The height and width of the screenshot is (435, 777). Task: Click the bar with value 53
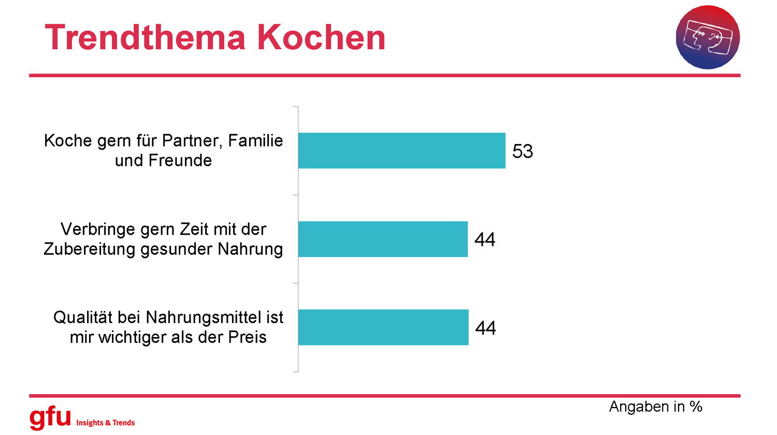point(401,151)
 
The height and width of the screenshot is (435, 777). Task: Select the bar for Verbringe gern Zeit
point(383,239)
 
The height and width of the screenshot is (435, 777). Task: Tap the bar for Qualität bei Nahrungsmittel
point(383,327)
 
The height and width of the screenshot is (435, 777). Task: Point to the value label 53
point(522,151)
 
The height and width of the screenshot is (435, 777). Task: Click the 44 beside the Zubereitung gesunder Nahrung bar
point(485,240)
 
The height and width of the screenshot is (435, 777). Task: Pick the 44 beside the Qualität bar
point(485,328)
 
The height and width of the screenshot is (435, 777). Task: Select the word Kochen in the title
point(321,37)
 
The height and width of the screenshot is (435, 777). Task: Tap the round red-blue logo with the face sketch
point(708,37)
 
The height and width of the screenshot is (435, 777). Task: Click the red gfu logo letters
point(50,417)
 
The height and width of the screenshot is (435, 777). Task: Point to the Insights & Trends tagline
point(106,423)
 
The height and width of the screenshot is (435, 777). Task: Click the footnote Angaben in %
point(655,407)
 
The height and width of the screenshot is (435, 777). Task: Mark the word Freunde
point(180,161)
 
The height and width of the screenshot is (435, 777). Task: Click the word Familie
point(255,140)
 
